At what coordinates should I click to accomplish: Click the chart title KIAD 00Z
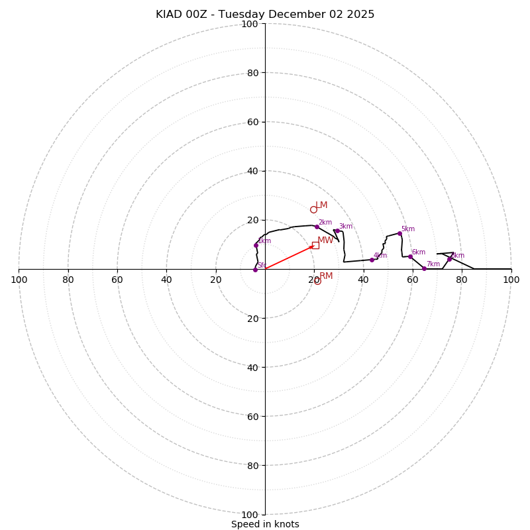tap(265, 15)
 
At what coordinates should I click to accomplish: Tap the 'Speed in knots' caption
tap(265, 524)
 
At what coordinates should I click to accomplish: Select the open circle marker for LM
tap(313, 209)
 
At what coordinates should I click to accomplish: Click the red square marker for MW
tap(315, 245)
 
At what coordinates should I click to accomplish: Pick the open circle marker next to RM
tap(317, 281)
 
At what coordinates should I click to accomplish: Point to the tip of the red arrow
tap(314, 246)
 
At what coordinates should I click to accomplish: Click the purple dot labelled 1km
tap(256, 245)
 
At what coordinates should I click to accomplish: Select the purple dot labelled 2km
tap(317, 227)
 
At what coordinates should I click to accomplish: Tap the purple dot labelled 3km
tap(337, 231)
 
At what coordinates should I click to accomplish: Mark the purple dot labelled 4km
tap(372, 260)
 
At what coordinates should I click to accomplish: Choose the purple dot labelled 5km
tap(399, 233)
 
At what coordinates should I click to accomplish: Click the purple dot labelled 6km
tap(410, 256)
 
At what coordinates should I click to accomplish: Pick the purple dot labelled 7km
tap(424, 268)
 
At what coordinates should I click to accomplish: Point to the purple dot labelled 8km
tap(449, 259)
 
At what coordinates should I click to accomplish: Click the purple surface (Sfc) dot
tap(255, 270)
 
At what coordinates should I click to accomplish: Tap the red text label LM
tap(321, 205)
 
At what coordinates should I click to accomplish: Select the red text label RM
tap(326, 276)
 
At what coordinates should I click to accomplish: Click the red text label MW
tap(325, 240)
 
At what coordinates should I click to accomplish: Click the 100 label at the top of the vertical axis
tap(250, 24)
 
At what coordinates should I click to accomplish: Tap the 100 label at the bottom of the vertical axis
tap(250, 515)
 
